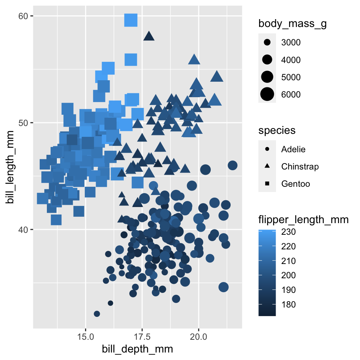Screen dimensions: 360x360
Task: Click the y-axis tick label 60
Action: click(x=23, y=16)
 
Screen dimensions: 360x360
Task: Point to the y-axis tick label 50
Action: click(x=23, y=123)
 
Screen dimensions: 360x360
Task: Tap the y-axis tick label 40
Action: click(x=23, y=229)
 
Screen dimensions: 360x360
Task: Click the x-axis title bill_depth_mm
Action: click(x=138, y=349)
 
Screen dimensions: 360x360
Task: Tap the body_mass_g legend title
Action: click(x=292, y=24)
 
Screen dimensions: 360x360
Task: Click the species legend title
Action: click(x=277, y=130)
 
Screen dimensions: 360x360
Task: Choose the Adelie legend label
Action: click(x=293, y=149)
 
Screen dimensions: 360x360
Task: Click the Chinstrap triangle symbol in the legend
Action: click(x=267, y=166)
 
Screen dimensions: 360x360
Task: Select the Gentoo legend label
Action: click(x=295, y=184)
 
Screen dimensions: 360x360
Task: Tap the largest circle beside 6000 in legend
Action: click(x=267, y=94)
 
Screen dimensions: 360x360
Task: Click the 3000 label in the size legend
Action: click(x=291, y=42)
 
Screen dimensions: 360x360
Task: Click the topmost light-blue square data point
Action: click(x=131, y=20)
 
